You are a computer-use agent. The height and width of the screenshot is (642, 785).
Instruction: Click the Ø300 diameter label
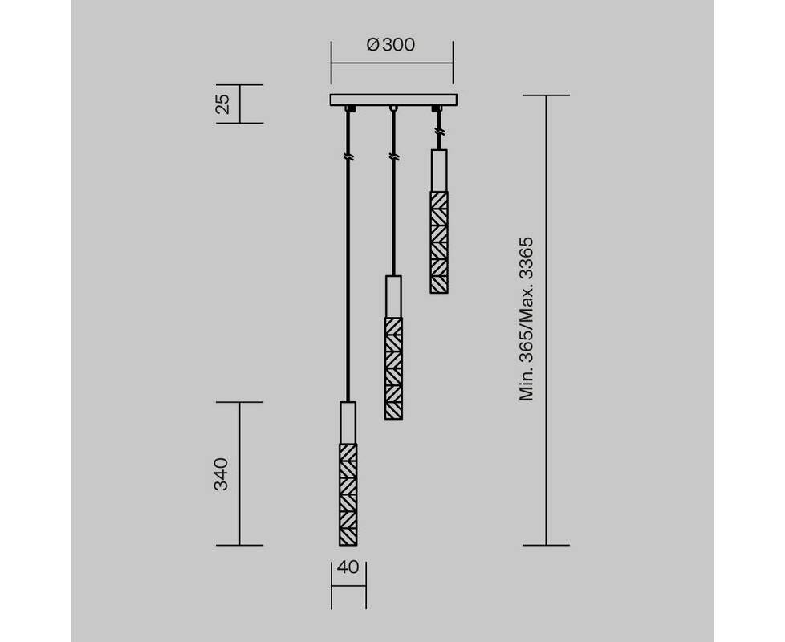pyautogui.click(x=391, y=45)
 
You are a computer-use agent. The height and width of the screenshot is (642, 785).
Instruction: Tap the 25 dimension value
pyautogui.click(x=223, y=104)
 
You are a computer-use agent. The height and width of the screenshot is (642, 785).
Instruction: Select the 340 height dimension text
pyautogui.click(x=221, y=473)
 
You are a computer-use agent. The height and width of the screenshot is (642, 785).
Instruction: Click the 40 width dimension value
pyautogui.click(x=348, y=567)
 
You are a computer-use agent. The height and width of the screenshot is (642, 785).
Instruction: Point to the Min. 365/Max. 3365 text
pyautogui.click(x=527, y=319)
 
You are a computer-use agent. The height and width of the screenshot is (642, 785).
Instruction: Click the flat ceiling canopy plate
pyautogui.click(x=393, y=100)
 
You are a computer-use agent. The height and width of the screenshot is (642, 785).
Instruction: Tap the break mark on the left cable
pyautogui.click(x=348, y=157)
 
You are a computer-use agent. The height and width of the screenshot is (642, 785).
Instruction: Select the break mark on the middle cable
pyautogui.click(x=394, y=157)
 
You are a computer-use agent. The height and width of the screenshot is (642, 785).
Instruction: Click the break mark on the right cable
pyautogui.click(x=439, y=132)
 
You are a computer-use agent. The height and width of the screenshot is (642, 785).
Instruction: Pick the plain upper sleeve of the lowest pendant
pyautogui.click(x=348, y=422)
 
